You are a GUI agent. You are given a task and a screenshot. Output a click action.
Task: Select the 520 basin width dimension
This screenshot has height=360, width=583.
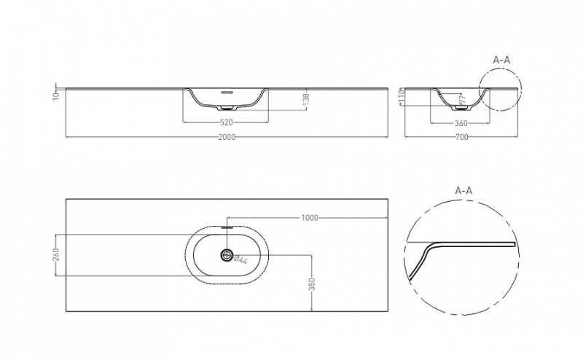click(x=227, y=122)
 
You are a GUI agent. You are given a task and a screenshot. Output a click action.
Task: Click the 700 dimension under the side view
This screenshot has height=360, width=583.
click(x=462, y=137)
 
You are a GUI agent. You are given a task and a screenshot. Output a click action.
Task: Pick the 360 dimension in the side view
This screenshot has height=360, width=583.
click(x=461, y=122)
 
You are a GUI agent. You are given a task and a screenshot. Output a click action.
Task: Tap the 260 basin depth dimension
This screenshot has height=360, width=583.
click(x=55, y=255)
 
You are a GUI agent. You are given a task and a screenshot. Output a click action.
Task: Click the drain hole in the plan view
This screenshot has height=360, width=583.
click(x=227, y=255)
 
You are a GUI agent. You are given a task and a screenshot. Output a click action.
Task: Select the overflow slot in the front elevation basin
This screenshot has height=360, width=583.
click(x=227, y=93)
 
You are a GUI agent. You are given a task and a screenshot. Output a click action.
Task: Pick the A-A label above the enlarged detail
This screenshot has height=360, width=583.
click(x=463, y=191)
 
